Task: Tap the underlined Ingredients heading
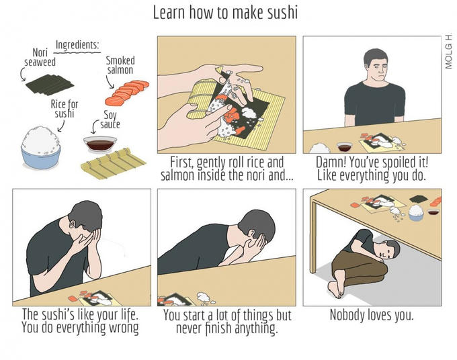click(77, 45)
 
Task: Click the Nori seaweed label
click(40, 57)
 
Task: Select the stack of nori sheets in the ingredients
click(50, 85)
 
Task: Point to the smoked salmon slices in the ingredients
click(127, 93)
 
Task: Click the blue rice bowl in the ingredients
click(41, 148)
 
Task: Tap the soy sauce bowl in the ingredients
click(100, 144)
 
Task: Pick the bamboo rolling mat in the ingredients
click(113, 163)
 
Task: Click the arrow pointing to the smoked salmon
click(110, 82)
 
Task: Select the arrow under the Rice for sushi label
click(61, 126)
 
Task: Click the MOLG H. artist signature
click(448, 51)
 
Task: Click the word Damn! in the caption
click(331, 163)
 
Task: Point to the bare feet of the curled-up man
click(336, 286)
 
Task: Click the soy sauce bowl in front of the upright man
click(344, 147)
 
